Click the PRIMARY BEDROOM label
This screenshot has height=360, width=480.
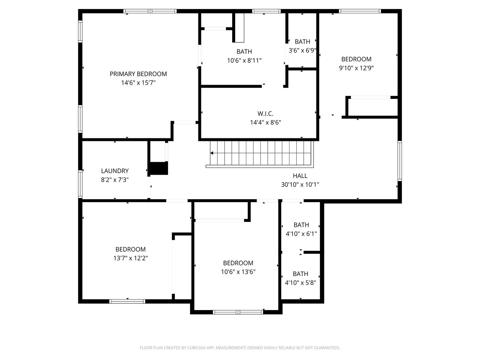[138, 74]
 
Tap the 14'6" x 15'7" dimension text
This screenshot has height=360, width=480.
[138, 83]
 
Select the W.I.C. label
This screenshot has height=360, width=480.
[265, 114]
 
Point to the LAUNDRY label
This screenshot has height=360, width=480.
[115, 171]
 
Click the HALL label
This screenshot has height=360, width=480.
[300, 176]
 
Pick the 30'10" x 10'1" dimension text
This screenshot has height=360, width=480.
[300, 185]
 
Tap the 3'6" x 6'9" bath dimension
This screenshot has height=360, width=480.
[302, 51]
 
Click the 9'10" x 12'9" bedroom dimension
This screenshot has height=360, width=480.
[356, 68]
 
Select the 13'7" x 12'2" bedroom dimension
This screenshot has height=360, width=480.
[130, 258]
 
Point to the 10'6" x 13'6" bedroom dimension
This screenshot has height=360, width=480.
[238, 272]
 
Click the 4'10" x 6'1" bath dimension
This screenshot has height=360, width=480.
[301, 234]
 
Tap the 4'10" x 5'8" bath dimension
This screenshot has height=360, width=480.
[300, 283]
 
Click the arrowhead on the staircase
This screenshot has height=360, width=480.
[211, 153]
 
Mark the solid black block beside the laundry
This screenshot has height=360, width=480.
[158, 168]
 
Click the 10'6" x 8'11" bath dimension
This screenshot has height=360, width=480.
[244, 60]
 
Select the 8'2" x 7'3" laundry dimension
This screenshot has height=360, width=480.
[115, 180]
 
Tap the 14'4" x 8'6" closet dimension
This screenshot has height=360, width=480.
[265, 122]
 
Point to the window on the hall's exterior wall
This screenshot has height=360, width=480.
[399, 161]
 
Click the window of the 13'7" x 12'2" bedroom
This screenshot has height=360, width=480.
[127, 301]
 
